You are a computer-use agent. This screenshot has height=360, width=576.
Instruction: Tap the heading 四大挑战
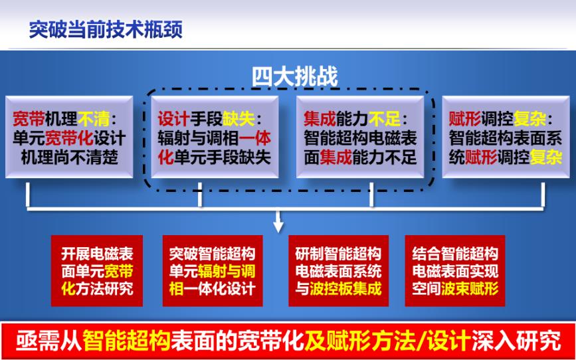[294, 77]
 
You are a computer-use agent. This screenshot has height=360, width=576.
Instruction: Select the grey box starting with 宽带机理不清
[69, 137]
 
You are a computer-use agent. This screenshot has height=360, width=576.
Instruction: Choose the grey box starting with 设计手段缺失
[215, 137]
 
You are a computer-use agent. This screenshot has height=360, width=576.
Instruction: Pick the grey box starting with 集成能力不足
[360, 137]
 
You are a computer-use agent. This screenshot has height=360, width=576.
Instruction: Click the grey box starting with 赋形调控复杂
[506, 137]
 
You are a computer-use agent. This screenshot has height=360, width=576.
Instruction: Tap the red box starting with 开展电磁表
[97, 271]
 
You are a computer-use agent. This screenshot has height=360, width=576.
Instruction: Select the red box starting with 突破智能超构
[213, 271]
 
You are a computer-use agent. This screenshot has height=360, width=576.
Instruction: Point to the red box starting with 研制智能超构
[338, 271]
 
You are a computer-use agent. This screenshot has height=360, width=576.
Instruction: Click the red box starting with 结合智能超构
[455, 271]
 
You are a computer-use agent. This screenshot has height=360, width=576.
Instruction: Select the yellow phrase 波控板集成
[345, 289]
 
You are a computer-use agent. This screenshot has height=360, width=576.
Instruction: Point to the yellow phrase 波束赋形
[470, 289]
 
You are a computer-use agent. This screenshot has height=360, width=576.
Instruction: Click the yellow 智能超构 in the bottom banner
[127, 341]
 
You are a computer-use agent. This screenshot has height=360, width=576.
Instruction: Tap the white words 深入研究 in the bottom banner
[517, 341]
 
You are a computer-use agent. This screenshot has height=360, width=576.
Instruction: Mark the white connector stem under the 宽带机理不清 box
[27, 195]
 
